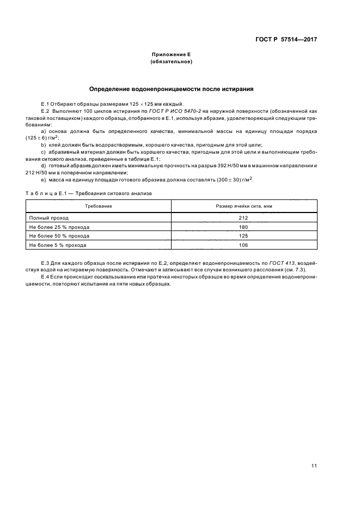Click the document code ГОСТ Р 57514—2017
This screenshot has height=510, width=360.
click(286, 40)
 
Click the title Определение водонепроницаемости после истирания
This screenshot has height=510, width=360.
click(171, 88)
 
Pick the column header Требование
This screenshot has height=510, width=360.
click(99, 206)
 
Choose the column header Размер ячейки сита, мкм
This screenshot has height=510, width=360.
click(244, 206)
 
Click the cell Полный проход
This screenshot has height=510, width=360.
click(49, 217)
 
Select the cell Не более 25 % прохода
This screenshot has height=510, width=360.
click(59, 227)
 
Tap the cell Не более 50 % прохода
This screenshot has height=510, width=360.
click(59, 236)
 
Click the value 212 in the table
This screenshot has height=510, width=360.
click(244, 217)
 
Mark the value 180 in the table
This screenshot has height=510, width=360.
click(244, 227)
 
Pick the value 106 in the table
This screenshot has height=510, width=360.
click(244, 245)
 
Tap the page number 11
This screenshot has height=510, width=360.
click(314, 465)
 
